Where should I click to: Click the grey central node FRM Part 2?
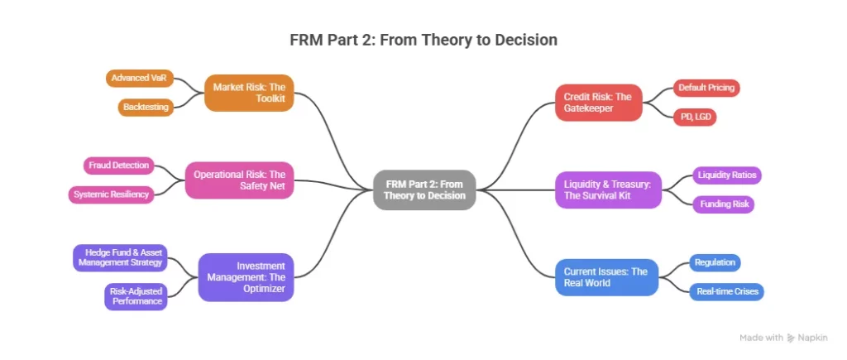(x=424, y=189)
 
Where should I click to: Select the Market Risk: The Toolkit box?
(x=249, y=93)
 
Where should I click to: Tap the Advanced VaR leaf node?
(x=140, y=79)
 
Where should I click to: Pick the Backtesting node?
(x=146, y=108)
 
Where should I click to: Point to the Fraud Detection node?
(x=119, y=166)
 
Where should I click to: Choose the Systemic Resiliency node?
(x=111, y=194)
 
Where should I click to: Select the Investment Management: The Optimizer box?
(x=246, y=276)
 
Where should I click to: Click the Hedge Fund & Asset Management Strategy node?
(x=119, y=257)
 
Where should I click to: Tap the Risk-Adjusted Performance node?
(x=135, y=296)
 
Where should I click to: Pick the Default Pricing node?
(x=706, y=88)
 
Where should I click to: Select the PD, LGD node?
(x=693, y=117)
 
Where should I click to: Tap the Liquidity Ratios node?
(x=725, y=175)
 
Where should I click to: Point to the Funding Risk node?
(x=723, y=204)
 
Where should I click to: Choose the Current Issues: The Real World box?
(x=606, y=276)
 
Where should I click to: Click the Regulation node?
(x=715, y=262)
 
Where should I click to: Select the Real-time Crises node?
(x=726, y=291)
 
